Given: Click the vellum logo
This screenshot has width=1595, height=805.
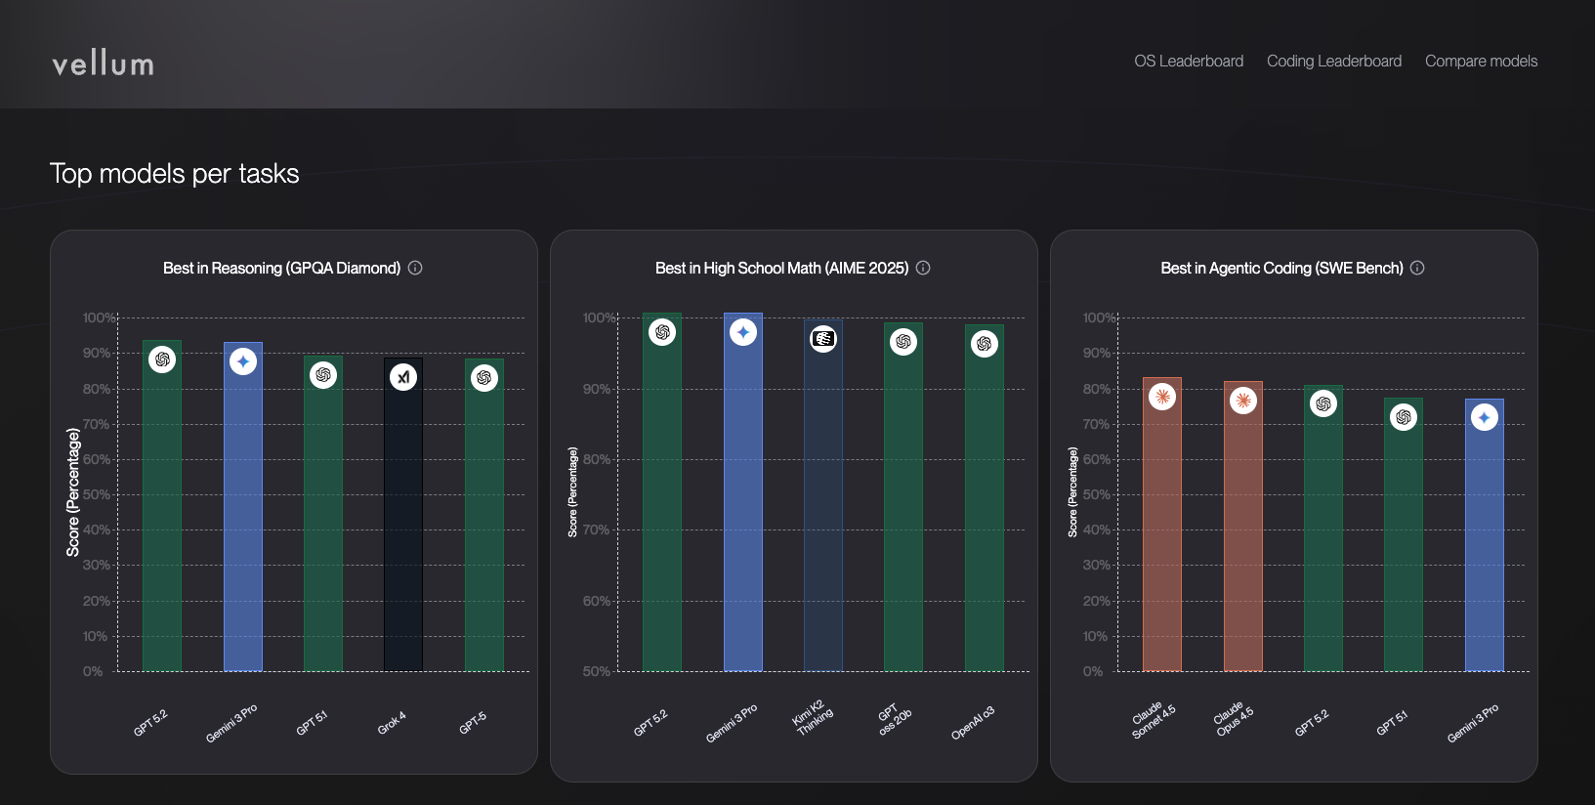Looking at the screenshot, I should [103, 64].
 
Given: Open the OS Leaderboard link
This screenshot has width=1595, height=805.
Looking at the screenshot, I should [1189, 61].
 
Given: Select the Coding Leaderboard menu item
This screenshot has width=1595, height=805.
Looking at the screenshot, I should [1333, 61].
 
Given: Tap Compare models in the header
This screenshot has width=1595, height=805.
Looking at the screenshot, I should [1481, 61].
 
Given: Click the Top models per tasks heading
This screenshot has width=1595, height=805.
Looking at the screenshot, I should [174, 174].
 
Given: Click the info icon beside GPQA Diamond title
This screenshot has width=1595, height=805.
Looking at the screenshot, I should [415, 268].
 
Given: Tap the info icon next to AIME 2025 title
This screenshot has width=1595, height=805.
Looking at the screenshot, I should [923, 268].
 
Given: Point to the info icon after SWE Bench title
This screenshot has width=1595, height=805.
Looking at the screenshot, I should [1417, 268].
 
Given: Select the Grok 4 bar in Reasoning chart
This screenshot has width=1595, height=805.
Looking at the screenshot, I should [403, 528].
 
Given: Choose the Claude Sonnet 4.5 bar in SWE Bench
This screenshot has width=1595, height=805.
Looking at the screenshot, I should [1162, 537].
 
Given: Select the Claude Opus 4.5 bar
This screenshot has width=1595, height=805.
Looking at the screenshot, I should [1242, 537].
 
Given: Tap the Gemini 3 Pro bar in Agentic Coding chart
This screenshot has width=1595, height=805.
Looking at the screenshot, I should [1484, 547].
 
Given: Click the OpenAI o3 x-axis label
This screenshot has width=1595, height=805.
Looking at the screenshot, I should [973, 723].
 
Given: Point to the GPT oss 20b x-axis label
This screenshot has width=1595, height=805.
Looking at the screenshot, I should [894, 721].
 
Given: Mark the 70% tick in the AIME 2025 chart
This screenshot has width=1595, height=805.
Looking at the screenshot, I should [596, 530].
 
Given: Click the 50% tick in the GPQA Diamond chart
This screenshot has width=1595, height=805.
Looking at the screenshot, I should [96, 494].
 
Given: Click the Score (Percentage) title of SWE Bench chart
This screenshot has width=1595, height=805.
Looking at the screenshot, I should [1072, 492].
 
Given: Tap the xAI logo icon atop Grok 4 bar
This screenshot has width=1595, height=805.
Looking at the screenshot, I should [403, 377].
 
